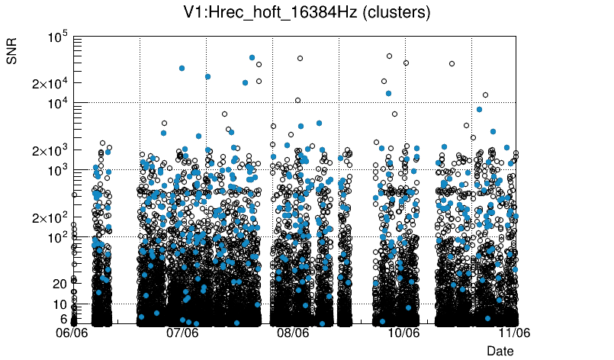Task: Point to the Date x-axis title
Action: point(500,351)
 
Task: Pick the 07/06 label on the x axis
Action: point(182,333)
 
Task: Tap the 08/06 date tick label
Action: point(293,333)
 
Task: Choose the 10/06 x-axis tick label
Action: point(403,333)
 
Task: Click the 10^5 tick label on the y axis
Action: point(58,37)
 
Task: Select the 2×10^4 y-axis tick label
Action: point(50,83)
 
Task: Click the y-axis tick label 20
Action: point(60,284)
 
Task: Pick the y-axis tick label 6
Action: point(64,319)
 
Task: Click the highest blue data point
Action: point(252,57)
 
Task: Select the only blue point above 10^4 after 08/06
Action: point(388,93)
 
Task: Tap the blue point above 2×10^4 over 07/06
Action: point(182,68)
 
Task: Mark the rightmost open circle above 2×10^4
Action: point(452,63)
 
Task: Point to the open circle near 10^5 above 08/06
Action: point(300,58)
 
